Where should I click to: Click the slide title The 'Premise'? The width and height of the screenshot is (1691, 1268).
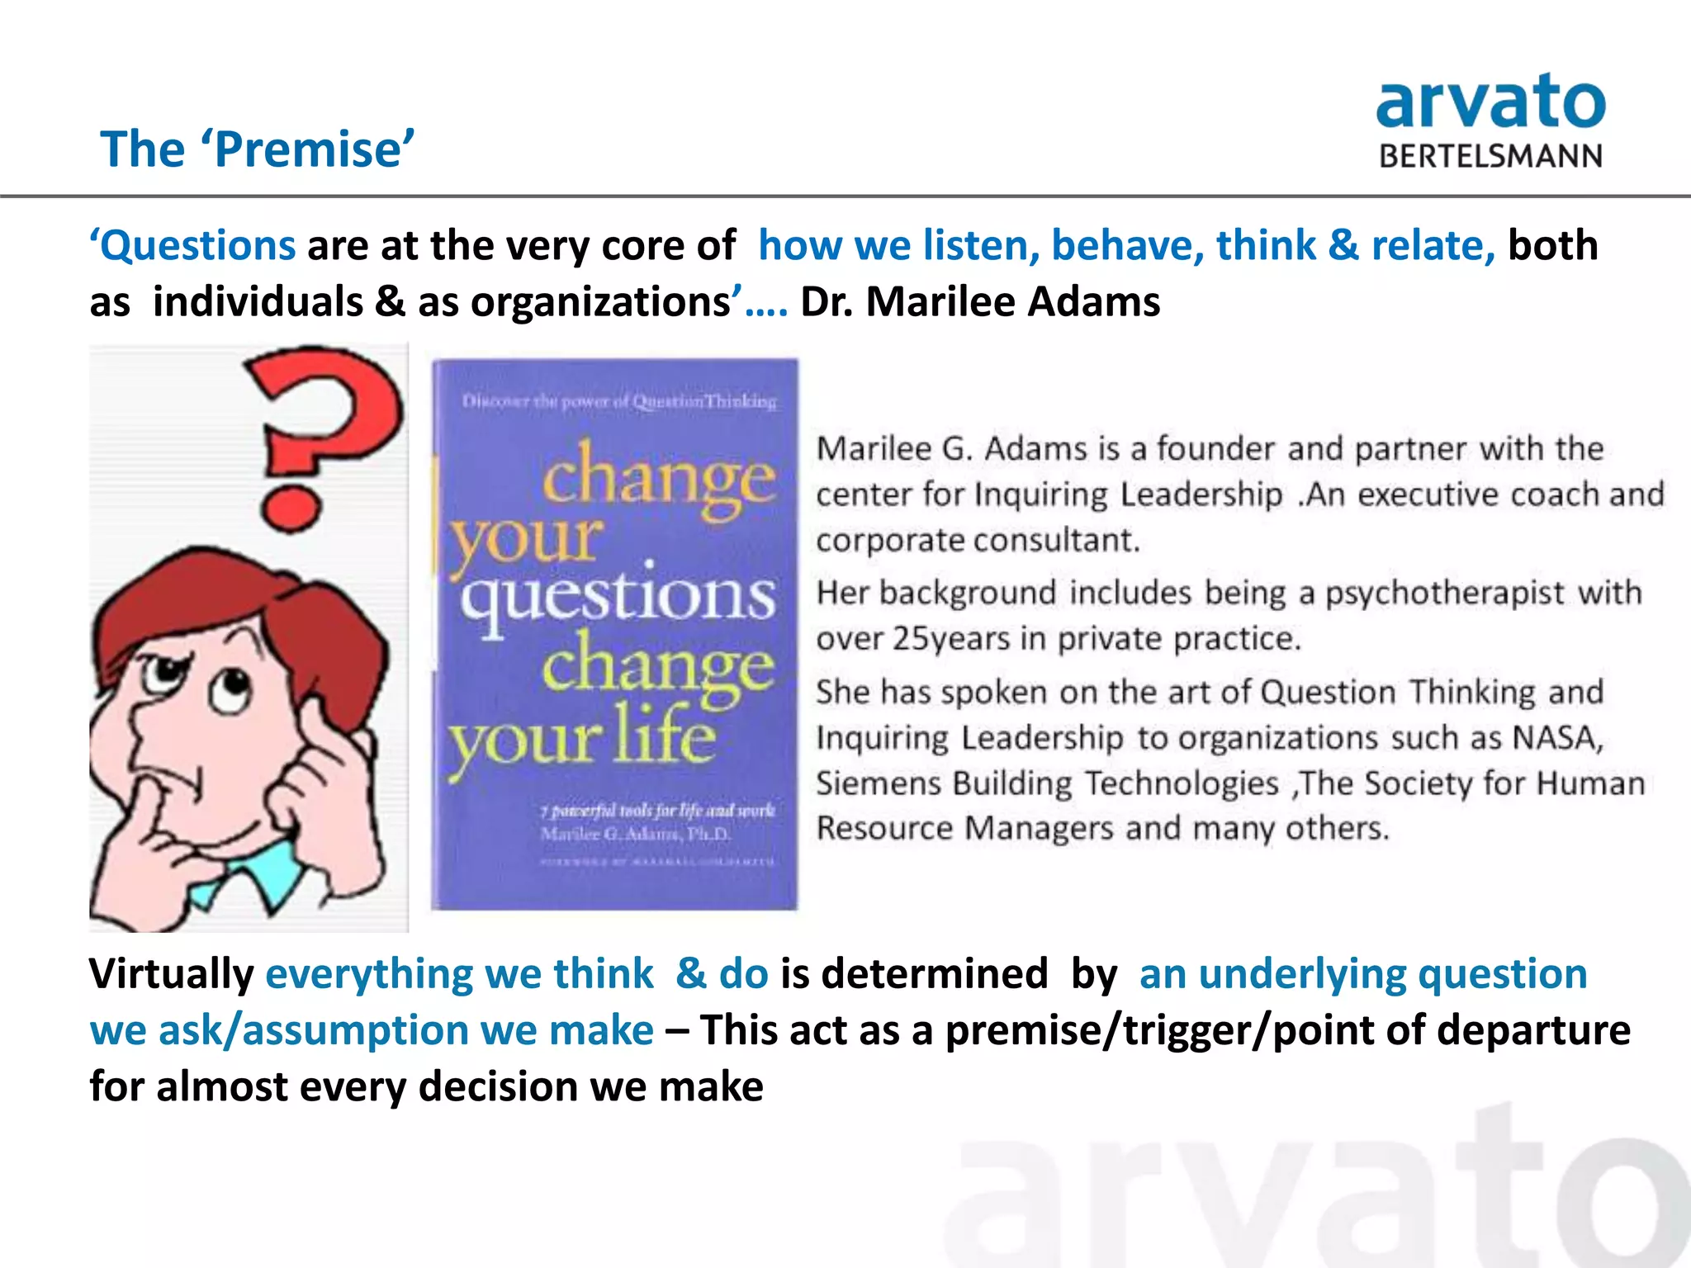pyautogui.click(x=257, y=149)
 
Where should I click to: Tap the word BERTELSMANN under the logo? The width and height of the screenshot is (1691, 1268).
pyautogui.click(x=1490, y=156)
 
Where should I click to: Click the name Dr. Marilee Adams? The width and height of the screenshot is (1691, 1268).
pyautogui.click(x=980, y=301)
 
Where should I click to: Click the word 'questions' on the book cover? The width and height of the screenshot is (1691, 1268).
pyautogui.click(x=618, y=596)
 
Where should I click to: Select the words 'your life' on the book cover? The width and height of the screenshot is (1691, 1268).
pyautogui.click(x=582, y=737)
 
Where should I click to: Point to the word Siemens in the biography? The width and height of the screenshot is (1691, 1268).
pyautogui.click(x=879, y=783)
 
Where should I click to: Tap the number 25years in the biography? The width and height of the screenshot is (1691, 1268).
pyautogui.click(x=951, y=639)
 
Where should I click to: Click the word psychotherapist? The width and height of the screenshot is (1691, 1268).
pyautogui.click(x=1444, y=593)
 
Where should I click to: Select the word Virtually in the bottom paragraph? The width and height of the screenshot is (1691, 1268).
pyautogui.click(x=172, y=973)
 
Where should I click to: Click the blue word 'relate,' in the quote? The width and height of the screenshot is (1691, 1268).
pyautogui.click(x=1433, y=246)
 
